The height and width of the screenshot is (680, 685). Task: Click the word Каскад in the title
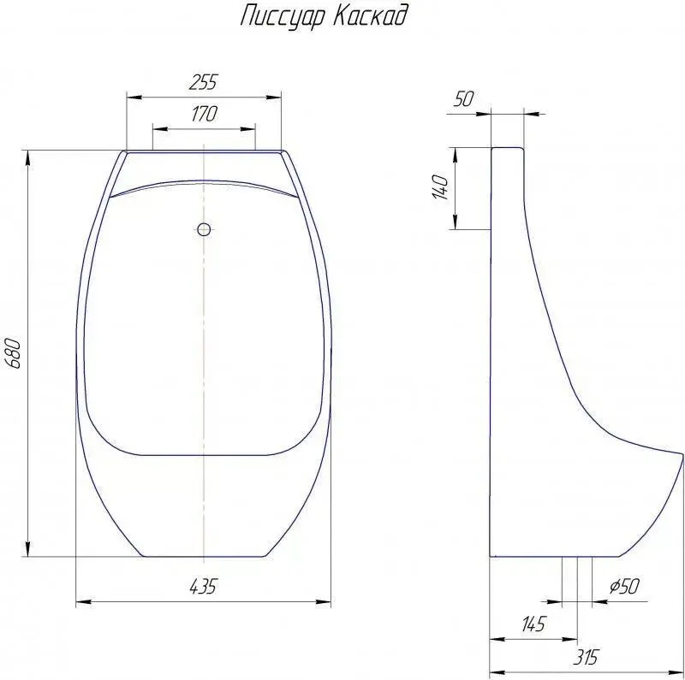coord(372,15)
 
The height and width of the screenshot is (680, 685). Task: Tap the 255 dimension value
coord(203,82)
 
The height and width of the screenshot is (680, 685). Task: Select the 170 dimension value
coord(204,114)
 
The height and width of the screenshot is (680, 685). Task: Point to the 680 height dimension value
coord(14,353)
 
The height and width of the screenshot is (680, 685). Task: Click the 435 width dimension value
coord(203,586)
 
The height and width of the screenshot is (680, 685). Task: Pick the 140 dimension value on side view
coord(440,187)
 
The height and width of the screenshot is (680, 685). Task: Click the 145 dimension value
coord(533,624)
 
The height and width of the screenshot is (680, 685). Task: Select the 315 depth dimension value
coord(586,657)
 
